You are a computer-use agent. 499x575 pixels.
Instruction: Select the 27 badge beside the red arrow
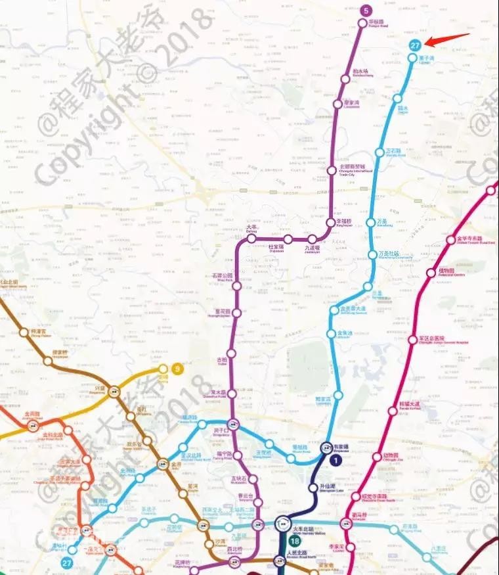pyautogui.click(x=414, y=45)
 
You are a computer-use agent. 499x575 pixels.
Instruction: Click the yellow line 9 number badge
pyautogui.click(x=177, y=369)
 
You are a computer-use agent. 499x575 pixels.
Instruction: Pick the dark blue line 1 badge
pyautogui.click(x=337, y=461)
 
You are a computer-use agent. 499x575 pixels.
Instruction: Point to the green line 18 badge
pyautogui.click(x=295, y=541)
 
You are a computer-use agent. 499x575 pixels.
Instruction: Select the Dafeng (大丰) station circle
pyautogui.click(x=251, y=239)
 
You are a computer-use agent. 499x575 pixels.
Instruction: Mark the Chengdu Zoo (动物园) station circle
pyautogui.click(x=377, y=457)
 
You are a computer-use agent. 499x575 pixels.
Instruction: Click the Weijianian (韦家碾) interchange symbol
pyautogui.click(x=326, y=448)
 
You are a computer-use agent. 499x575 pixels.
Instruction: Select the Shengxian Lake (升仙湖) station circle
pyautogui.click(x=313, y=488)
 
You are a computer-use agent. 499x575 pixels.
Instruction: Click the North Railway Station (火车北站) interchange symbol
pyautogui.click(x=283, y=524)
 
